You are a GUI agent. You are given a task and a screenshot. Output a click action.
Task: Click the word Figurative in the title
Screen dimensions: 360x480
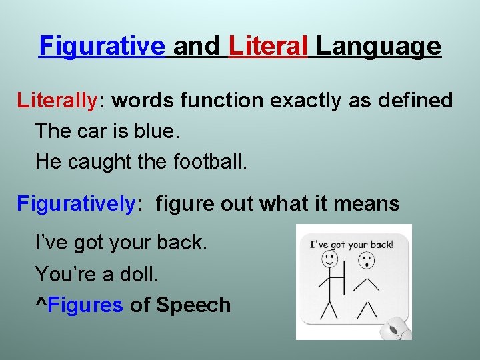coord(102,47)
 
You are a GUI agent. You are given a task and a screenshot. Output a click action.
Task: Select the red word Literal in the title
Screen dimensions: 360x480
coord(268,47)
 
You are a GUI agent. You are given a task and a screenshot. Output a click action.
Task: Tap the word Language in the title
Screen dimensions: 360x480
coord(378,47)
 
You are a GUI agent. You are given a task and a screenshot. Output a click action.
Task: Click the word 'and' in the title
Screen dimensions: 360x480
coord(196,47)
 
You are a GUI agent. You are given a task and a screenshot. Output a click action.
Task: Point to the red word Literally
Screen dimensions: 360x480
coord(57,101)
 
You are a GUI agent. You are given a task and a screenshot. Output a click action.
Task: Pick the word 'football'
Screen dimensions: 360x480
coord(209,161)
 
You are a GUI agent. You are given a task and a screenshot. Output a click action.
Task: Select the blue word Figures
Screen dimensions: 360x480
coord(85,305)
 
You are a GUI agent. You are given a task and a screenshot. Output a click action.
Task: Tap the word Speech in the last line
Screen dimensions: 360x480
coord(193,305)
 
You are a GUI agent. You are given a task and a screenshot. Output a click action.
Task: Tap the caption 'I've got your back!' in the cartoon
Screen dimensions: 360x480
coord(351,244)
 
